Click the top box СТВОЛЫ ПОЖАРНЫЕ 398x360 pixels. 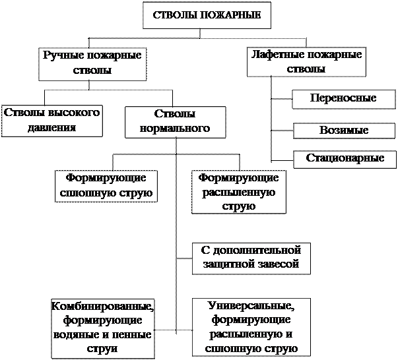click(207, 15)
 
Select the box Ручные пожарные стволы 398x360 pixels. click(92, 64)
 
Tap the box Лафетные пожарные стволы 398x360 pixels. click(306, 62)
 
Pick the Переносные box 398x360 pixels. click(344, 99)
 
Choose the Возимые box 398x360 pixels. click(344, 131)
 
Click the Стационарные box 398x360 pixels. click(345, 160)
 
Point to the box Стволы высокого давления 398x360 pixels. click(52, 121)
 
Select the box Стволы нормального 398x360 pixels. click(176, 122)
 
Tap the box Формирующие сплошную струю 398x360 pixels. click(106, 186)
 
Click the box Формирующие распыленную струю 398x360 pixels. click(239, 192)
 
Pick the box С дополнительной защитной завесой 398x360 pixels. click(251, 258)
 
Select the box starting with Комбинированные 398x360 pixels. click(103, 329)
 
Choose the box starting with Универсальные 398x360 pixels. click(251, 327)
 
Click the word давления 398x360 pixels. click(51, 128)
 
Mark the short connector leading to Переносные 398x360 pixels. click(282, 99)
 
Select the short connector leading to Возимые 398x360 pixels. click(282, 131)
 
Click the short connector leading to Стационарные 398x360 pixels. click(282, 160)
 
